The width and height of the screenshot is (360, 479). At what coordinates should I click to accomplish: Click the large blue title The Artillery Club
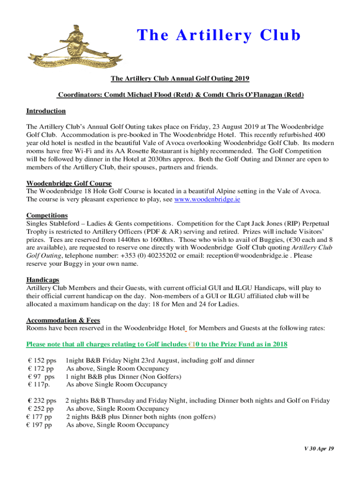(x=219, y=36)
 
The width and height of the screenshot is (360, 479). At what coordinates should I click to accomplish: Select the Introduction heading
(x=46, y=111)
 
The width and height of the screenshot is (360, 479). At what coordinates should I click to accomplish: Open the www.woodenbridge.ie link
(x=207, y=199)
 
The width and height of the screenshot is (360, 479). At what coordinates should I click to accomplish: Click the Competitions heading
(x=47, y=215)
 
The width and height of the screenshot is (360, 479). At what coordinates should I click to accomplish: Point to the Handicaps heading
(x=43, y=280)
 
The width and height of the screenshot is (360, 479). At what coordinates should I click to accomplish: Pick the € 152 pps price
(x=42, y=361)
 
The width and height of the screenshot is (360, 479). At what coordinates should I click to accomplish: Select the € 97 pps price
(x=41, y=377)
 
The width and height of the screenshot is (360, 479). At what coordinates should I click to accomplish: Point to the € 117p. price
(x=39, y=385)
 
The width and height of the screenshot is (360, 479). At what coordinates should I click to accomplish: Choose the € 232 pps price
(x=42, y=401)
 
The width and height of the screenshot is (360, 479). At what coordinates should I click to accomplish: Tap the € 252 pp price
(x=41, y=409)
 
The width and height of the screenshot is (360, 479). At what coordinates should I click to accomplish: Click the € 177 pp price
(x=39, y=417)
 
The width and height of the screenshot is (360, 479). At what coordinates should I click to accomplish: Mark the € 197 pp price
(x=39, y=425)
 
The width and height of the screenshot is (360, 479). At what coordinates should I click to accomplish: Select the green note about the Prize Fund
(x=157, y=344)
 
